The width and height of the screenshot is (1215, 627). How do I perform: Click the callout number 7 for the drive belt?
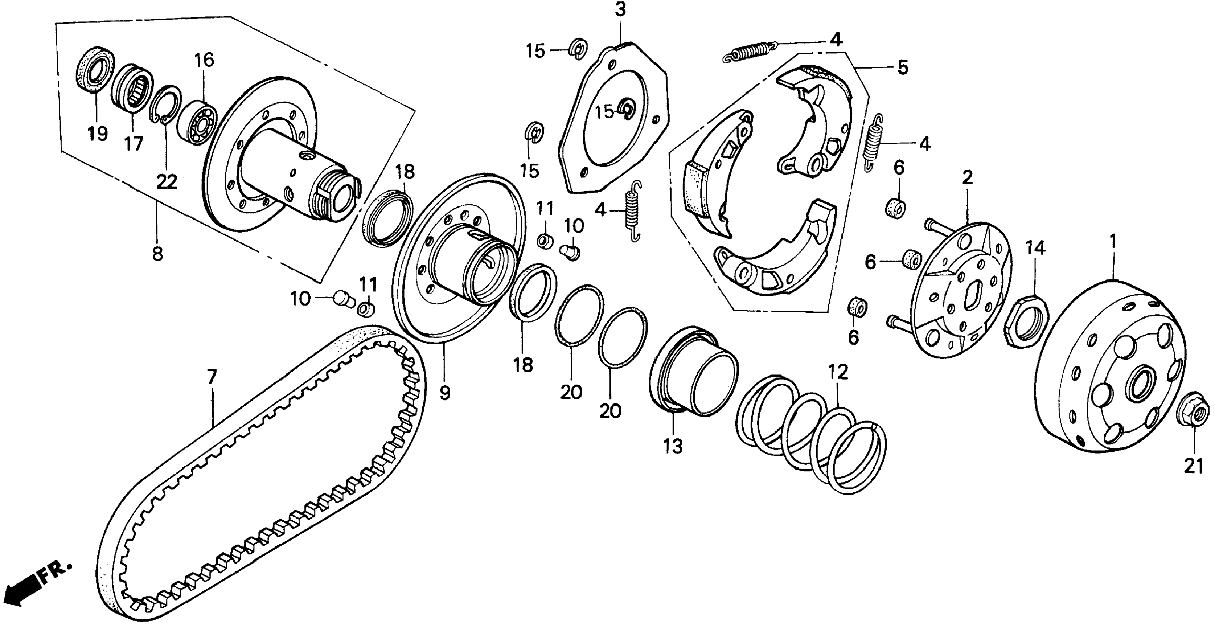click(212, 377)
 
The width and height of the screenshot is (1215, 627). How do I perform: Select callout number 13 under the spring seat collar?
click(673, 446)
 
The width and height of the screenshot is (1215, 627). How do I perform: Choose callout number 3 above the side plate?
click(620, 9)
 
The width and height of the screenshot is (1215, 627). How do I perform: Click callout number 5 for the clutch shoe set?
click(902, 67)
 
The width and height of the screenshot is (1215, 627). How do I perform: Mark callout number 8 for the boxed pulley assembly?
click(157, 254)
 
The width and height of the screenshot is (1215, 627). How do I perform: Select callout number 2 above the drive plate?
click(966, 178)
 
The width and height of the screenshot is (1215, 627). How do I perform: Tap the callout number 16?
click(205, 60)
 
